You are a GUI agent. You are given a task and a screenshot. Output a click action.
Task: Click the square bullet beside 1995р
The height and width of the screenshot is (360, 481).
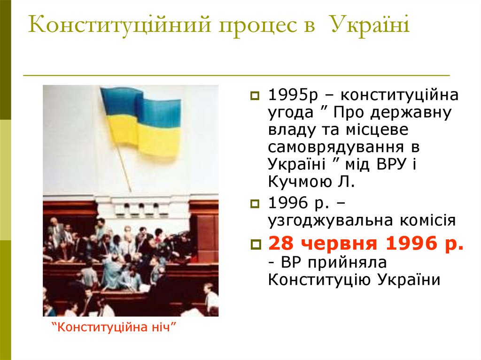255,96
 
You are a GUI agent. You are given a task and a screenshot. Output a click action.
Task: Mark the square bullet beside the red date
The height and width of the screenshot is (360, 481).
255,245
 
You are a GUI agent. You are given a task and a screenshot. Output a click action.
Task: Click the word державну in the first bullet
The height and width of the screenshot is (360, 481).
411,113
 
